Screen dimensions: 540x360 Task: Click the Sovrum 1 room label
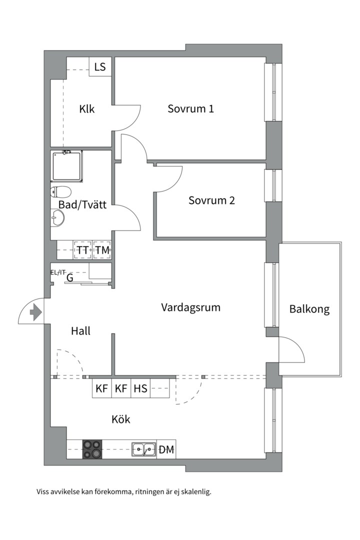190,108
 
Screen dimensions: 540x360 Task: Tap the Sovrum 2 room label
211,200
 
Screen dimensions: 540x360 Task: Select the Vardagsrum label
190,307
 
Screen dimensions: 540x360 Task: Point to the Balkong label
309,309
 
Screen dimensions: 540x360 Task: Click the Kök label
121,419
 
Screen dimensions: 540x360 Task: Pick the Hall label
80,330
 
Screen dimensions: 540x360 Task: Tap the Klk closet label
87,109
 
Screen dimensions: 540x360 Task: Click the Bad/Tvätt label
82,205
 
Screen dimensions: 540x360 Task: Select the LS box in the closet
100,67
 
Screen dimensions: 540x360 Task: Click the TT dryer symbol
82,249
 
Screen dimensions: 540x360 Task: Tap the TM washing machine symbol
102,249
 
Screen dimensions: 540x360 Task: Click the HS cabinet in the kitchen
140,388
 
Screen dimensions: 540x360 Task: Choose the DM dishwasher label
166,450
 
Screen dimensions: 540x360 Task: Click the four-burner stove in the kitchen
92,449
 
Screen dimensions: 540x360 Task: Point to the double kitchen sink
143,449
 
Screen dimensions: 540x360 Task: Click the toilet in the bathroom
60,191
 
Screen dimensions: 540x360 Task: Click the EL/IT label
58,272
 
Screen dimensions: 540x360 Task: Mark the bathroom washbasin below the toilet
57,217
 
